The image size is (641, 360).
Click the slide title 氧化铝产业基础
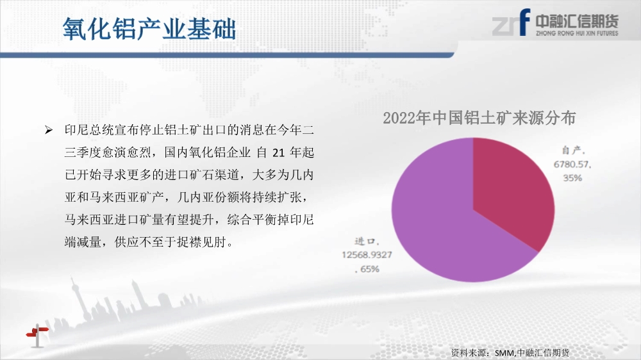(x=149, y=29)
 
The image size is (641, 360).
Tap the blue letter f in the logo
(x=524, y=22)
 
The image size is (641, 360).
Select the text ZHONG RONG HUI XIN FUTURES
(x=577, y=33)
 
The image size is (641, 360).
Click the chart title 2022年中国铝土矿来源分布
(x=479, y=118)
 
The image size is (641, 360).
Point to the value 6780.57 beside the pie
(x=572, y=164)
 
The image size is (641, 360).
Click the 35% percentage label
(x=572, y=177)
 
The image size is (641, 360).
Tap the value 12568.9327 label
(x=367, y=255)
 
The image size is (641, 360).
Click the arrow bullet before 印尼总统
(x=49, y=130)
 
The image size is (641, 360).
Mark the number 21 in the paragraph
(x=278, y=153)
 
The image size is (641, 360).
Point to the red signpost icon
(x=37, y=335)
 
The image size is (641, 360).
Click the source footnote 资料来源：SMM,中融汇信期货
(x=510, y=353)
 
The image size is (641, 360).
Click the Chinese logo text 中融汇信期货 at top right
(x=577, y=21)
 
